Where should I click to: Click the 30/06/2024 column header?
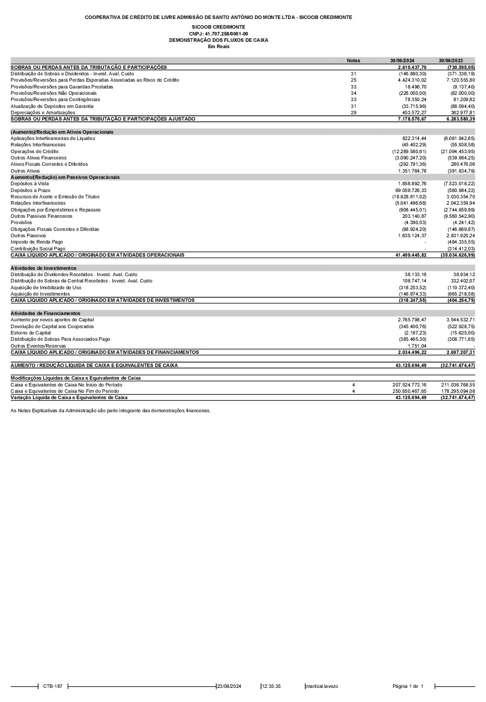pyautogui.click(x=402, y=61)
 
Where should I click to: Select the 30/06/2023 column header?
pyautogui.click(x=451, y=61)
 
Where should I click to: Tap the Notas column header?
pyautogui.click(x=353, y=61)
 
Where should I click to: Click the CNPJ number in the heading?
pyautogui.click(x=218, y=34)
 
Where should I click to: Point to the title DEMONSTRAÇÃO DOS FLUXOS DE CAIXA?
pyautogui.click(x=218, y=40)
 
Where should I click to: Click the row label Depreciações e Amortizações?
pyautogui.click(x=43, y=113)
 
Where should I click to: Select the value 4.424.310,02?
pyautogui.click(x=412, y=80)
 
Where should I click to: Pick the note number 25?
pyautogui.click(x=353, y=80)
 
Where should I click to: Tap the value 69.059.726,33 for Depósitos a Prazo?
pyautogui.click(x=411, y=191)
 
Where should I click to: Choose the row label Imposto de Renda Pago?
pyautogui.click(x=37, y=242)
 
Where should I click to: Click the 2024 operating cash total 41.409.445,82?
pyautogui.click(x=411, y=255)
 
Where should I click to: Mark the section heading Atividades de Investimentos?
pyautogui.click(x=44, y=268)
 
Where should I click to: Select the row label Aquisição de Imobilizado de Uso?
pyautogui.click(x=46, y=288)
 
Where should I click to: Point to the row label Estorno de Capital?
pyautogui.click(x=31, y=333)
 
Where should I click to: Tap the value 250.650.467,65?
pyautogui.click(x=409, y=391)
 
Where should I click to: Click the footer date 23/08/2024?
pyautogui.click(x=229, y=686)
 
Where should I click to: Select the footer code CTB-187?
pyautogui.click(x=52, y=686)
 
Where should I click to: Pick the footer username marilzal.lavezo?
pyautogui.click(x=322, y=686)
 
